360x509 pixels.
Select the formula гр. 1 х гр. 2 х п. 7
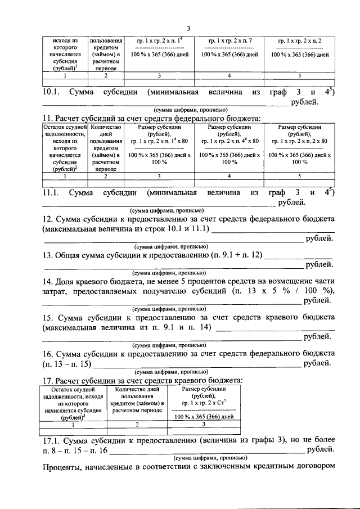[x=229, y=42]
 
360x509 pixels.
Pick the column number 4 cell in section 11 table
[x=229, y=177]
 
